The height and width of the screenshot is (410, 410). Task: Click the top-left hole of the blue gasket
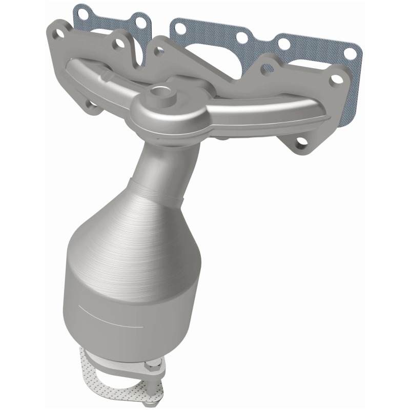click(80, 11)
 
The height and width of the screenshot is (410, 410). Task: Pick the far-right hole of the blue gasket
click(352, 53)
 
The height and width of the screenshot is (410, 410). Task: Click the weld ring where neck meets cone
click(154, 187)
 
